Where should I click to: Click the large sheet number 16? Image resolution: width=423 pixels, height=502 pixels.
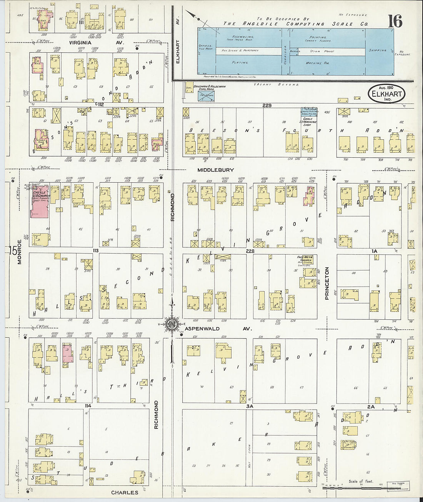point(395,22)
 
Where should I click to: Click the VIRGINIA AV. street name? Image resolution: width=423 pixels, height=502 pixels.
point(92,43)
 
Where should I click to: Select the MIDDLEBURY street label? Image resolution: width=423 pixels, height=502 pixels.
point(216,170)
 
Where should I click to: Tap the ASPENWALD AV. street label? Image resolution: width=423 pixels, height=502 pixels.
point(218,329)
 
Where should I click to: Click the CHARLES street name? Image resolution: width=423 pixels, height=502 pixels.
point(124,492)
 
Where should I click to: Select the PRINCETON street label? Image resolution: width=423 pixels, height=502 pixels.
point(327,284)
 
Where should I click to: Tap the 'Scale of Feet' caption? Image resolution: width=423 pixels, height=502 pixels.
point(361,481)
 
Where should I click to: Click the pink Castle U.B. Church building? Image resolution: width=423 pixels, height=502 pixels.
point(39,202)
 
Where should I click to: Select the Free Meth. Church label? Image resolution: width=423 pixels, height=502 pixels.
point(305,259)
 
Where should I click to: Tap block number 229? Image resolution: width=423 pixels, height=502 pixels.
point(267,105)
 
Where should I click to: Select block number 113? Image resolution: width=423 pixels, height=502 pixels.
point(95,250)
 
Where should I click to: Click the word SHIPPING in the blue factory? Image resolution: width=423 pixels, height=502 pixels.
point(377,50)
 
